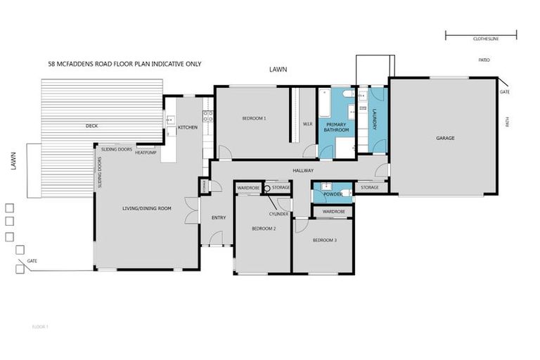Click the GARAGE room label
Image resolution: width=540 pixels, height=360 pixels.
click(444, 139)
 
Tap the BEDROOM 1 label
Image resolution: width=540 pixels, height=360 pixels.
click(254, 119)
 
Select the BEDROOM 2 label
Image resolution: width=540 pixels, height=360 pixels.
click(264, 229)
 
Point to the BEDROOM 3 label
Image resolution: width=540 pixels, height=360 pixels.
click(325, 240)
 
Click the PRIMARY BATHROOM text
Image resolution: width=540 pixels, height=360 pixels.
click(336, 127)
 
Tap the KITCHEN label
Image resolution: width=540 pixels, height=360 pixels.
click(188, 127)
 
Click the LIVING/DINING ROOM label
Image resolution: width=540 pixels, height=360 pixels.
click(147, 208)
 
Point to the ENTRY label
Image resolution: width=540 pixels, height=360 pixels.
click(219, 218)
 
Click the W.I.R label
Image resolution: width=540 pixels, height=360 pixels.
click(307, 124)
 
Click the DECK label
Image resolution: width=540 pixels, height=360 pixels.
click(91, 126)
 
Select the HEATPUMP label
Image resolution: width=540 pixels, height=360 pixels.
click(146, 153)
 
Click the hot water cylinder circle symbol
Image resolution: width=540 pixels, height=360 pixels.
click(267, 188)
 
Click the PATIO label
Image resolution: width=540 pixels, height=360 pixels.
click(484, 60)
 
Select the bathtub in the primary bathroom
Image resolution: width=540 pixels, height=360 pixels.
click(325, 103)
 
